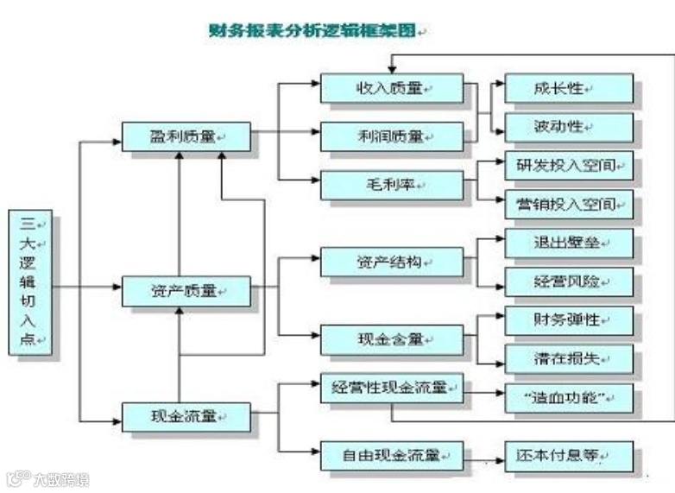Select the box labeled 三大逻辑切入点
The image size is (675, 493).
click(30, 282)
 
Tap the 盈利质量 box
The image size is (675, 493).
click(186, 136)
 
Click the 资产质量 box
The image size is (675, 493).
click(186, 291)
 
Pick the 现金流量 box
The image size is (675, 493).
click(186, 417)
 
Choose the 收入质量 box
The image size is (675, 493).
click(392, 89)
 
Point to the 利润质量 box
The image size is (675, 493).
click(392, 136)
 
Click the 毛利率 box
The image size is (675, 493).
click(392, 185)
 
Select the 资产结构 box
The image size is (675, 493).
click(392, 262)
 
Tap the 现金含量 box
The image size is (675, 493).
click(392, 339)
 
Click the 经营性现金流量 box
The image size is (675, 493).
click(392, 389)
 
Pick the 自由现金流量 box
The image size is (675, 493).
click(392, 456)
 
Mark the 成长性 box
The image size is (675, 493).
click(569, 89)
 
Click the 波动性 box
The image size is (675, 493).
click(569, 128)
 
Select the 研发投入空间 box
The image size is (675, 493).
click(569, 166)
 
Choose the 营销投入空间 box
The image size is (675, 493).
click(569, 205)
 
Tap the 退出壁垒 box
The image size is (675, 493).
click(569, 243)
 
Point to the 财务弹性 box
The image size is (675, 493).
click(569, 320)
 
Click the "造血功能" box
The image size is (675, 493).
click(569, 398)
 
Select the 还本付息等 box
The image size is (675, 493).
click(569, 456)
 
